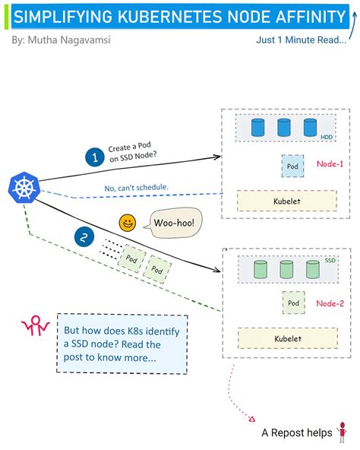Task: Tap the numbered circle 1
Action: click(94, 157)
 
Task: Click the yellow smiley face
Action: click(127, 223)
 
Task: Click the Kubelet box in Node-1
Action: click(286, 201)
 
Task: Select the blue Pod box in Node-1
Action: click(292, 165)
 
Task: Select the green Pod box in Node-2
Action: click(293, 303)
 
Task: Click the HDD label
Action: click(326, 138)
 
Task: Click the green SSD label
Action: click(330, 260)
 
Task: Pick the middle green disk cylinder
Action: click(286, 269)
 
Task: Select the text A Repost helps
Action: click(296, 433)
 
